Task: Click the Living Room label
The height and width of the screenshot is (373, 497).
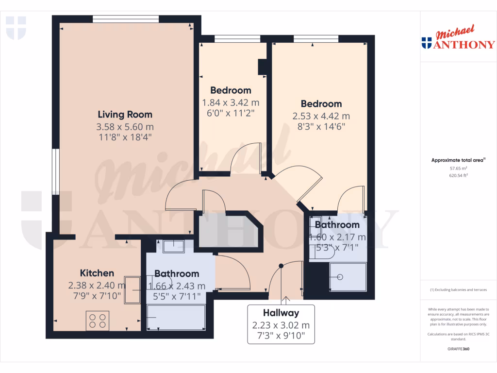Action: [125, 115]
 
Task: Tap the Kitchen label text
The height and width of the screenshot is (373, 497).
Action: [97, 273]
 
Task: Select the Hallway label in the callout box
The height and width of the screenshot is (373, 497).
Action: [281, 313]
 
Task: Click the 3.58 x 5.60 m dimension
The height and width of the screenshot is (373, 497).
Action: [125, 127]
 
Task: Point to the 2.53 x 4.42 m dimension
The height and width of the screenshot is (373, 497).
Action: [321, 116]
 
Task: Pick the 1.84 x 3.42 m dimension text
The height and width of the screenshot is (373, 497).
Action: [231, 102]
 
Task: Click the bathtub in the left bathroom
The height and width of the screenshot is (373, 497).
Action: [177, 317]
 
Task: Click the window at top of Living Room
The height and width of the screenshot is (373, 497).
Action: [126, 19]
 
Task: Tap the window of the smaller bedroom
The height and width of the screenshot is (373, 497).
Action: [230, 38]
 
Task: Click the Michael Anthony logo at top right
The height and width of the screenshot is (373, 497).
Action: [458, 39]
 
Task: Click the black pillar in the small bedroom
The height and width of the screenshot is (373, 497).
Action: [263, 67]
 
